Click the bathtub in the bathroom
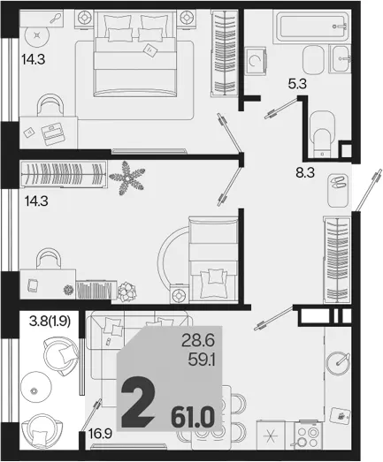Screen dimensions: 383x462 point(312,27)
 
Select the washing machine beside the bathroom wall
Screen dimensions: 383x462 point(256,61)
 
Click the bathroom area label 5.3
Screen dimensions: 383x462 point(297,84)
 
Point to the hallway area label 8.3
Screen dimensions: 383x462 point(305,172)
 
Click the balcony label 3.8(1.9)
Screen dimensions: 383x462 point(50,322)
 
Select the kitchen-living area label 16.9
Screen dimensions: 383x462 point(100,434)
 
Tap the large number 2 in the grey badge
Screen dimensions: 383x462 point(138,402)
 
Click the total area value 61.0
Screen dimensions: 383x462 point(193,418)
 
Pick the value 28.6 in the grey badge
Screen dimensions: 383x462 point(198,341)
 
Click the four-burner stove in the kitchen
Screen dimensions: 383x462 point(308,436)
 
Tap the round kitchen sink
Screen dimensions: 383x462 point(338,363)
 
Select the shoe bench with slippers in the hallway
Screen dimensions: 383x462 point(338,190)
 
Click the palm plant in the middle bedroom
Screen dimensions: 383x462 point(126,178)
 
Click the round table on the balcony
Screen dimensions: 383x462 point(34,390)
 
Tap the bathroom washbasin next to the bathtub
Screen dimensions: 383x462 point(341,58)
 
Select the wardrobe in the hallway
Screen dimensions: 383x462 point(337,260)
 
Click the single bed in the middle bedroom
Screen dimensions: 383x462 point(213,260)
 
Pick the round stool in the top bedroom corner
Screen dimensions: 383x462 point(37,35)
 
